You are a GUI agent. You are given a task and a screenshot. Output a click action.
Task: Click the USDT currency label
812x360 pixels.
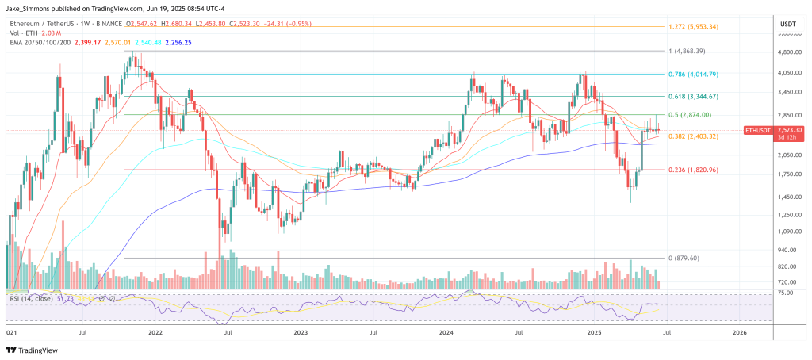click(x=787, y=25)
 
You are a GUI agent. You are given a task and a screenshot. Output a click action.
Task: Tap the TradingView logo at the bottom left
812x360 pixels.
click(x=36, y=350)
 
